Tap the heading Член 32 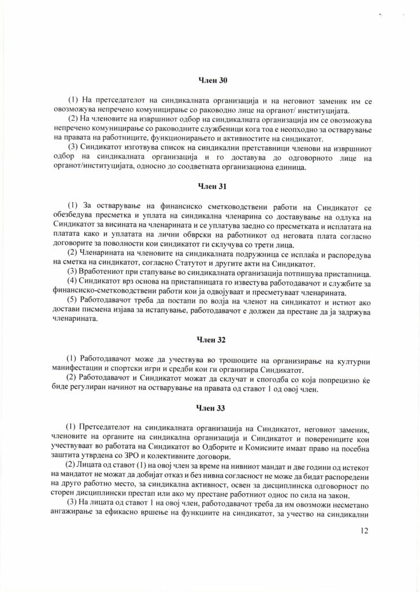tap(210, 339)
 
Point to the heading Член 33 tap(210, 408)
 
